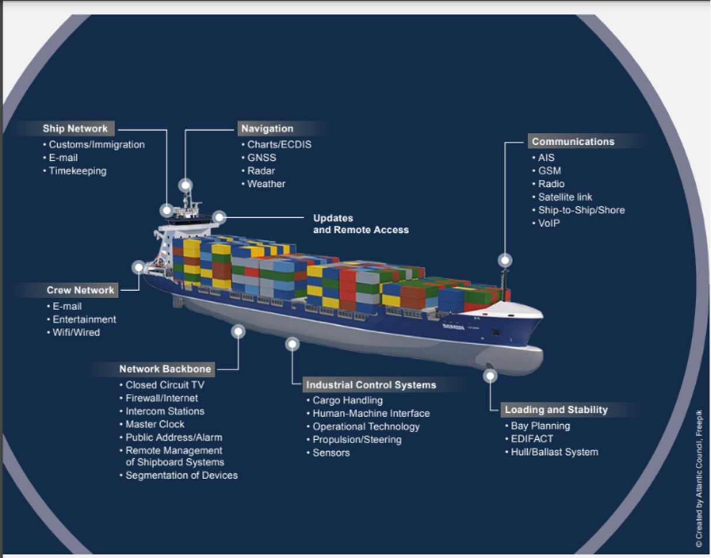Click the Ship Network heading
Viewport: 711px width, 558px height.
75,128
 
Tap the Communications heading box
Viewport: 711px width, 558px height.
573,141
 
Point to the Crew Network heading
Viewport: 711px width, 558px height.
81,290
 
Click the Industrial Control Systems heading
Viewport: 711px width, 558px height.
371,385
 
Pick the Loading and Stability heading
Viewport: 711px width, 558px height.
556,410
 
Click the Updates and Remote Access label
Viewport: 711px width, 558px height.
360,224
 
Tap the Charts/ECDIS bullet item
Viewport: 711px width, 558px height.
279,145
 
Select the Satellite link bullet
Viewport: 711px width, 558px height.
564,197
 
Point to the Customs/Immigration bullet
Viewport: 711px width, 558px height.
96,145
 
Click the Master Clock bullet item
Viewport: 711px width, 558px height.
155,424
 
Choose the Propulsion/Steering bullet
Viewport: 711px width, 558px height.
357,440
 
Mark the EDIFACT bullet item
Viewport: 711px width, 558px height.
532,439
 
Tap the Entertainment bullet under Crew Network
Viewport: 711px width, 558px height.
84,319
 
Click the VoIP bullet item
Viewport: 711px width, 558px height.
549,223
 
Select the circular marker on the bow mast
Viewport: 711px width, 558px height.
504,260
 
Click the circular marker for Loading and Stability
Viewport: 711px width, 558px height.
490,376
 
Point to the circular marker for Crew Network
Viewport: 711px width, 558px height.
138,267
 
